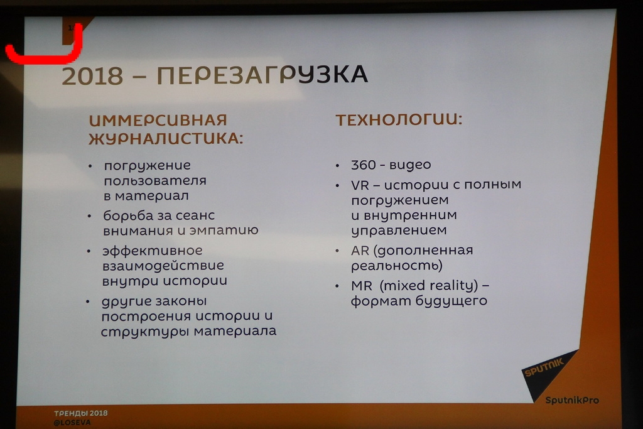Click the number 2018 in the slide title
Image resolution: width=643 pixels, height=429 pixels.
(92, 76)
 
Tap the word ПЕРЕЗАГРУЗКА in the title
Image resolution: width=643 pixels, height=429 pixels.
(262, 75)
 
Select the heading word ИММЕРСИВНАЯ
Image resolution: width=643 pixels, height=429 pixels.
(158, 120)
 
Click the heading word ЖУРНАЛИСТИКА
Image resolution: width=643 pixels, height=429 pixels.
(166, 138)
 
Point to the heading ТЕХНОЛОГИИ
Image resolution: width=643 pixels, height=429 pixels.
(399, 120)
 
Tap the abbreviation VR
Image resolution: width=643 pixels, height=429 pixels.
(360, 185)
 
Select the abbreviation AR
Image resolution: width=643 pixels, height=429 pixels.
(360, 250)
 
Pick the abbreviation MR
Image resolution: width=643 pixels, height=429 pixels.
(361, 285)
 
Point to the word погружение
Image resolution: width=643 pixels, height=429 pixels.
(147, 166)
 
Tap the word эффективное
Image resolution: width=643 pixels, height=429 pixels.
(152, 251)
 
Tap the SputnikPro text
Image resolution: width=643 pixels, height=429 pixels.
(572, 400)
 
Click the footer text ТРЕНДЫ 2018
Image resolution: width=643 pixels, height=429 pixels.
(81, 413)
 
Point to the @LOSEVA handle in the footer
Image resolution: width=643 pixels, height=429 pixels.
(72, 423)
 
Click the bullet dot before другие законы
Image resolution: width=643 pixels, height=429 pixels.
(88, 302)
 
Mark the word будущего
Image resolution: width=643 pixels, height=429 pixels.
(451, 301)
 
